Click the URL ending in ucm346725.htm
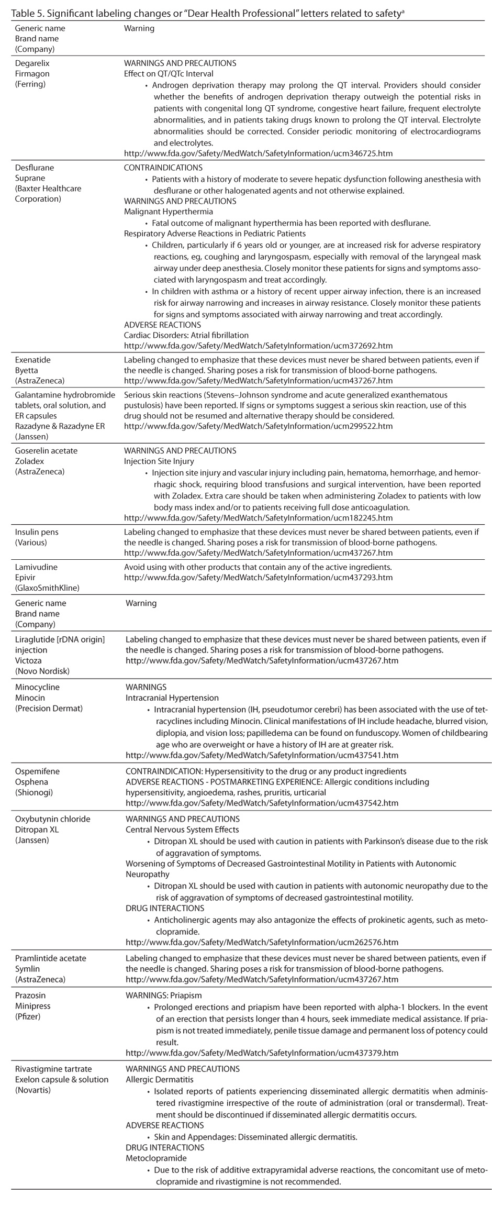point(258,154)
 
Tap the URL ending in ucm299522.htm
point(258,426)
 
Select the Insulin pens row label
point(37,532)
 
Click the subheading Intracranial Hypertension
point(172,698)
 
